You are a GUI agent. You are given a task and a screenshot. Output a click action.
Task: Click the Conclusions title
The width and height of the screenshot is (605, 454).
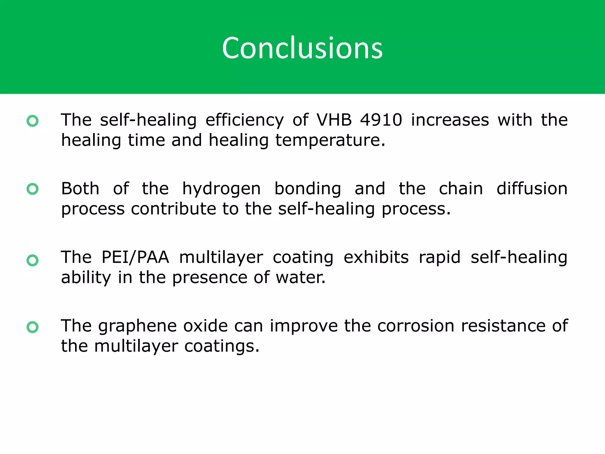(302, 48)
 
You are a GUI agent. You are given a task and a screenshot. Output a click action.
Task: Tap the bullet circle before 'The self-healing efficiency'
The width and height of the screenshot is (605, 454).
(32, 121)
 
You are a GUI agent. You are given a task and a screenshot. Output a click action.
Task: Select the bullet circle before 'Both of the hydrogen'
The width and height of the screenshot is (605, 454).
(32, 189)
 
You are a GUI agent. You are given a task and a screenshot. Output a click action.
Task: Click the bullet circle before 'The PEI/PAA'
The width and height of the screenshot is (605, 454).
(32, 260)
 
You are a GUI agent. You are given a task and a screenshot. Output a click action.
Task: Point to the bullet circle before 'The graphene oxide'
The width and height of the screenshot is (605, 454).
(32, 327)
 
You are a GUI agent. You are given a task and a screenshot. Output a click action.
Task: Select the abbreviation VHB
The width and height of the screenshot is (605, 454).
(334, 120)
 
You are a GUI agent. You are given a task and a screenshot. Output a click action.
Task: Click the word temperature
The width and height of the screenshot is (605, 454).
(330, 140)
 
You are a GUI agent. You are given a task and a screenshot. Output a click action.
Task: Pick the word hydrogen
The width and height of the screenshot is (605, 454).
(221, 189)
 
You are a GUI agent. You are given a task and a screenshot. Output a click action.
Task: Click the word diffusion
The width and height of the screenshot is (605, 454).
(532, 189)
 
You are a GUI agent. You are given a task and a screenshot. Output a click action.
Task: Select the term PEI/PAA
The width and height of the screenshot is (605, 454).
(135, 257)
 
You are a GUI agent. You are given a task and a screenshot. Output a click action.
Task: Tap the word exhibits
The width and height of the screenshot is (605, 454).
(376, 257)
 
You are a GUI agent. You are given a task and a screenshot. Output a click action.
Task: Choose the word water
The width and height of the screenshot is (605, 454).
(300, 278)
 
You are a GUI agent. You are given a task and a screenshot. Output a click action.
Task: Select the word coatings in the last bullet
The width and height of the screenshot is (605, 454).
(222, 346)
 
